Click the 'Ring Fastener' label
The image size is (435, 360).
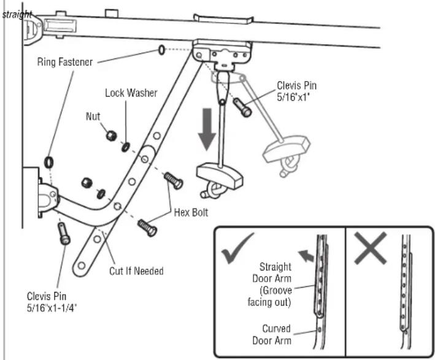pyautogui.click(x=65, y=62)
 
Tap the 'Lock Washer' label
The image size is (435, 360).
pyautogui.click(x=131, y=93)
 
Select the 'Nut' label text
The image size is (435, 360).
pyautogui.click(x=93, y=117)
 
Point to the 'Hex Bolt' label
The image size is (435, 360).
pyautogui.click(x=191, y=213)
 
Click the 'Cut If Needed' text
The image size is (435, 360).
pyautogui.click(x=136, y=271)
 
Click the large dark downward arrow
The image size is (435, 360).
pyautogui.click(x=207, y=129)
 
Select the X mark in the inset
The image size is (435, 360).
pyautogui.click(x=371, y=248)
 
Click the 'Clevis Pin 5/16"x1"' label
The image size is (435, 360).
pyautogui.click(x=296, y=91)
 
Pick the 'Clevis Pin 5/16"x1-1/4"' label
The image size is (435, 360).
pyautogui.click(x=52, y=302)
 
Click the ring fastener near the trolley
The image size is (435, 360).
pyautogui.click(x=162, y=50)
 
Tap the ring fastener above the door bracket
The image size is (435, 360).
pyautogui.click(x=49, y=162)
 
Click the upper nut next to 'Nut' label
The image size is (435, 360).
pyautogui.click(x=111, y=136)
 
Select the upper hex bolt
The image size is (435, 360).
pyautogui.click(x=174, y=180)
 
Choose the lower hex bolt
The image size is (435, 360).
pyautogui.click(x=147, y=228)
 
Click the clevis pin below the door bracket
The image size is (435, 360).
pyautogui.click(x=64, y=234)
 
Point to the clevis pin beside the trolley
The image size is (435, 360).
pyautogui.click(x=242, y=107)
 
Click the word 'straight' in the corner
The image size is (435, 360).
pyautogui.click(x=17, y=14)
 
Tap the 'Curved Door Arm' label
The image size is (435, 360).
pyautogui.click(x=272, y=334)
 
